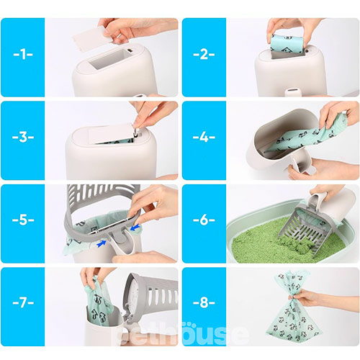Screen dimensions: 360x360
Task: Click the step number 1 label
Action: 23,54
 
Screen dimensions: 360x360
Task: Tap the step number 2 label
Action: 204,54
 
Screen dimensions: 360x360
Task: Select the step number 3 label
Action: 23,138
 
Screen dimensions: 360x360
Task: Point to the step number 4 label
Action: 204,138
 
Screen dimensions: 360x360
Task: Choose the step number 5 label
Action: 23,220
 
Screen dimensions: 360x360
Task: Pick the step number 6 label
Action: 204,220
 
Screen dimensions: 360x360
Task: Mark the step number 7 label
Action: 23,303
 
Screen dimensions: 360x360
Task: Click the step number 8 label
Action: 204,303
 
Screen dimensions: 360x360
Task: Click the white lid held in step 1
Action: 92,38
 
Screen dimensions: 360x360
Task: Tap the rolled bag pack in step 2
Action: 287,45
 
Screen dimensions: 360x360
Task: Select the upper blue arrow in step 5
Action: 135,227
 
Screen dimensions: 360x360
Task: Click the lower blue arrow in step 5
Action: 102,243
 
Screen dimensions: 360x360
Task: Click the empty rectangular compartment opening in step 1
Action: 110,59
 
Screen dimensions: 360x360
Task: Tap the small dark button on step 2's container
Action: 307,51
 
